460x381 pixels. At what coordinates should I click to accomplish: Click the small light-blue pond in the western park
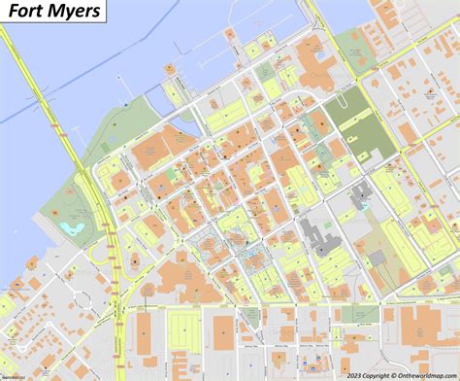(x=68, y=227)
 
